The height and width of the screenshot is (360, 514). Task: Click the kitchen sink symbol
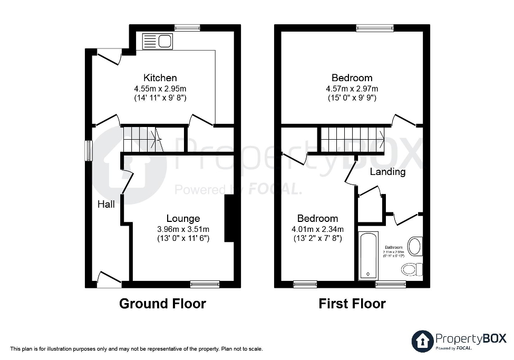[157, 41]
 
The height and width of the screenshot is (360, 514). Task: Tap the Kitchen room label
[160, 78]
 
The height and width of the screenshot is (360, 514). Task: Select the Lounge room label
[183, 218]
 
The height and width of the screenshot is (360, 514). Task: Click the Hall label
[106, 204]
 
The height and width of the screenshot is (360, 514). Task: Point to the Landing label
[387, 172]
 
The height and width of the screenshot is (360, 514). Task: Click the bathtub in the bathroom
[368, 256]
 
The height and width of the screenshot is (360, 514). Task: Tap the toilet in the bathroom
[412, 270]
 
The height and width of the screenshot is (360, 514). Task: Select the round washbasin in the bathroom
[415, 246]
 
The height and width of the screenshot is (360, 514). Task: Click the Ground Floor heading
[162, 304]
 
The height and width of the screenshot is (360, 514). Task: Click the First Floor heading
[352, 304]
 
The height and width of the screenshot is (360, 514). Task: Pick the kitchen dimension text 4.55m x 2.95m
[160, 89]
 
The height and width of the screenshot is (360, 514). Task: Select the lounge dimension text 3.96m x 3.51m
[183, 229]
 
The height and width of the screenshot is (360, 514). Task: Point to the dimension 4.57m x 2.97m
[352, 89]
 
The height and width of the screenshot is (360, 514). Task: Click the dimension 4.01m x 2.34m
[318, 229]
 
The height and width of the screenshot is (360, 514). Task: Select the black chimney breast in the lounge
[229, 219]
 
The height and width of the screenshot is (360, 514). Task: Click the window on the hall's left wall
[89, 151]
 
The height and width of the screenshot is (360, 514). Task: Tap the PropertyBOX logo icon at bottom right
[422, 340]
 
